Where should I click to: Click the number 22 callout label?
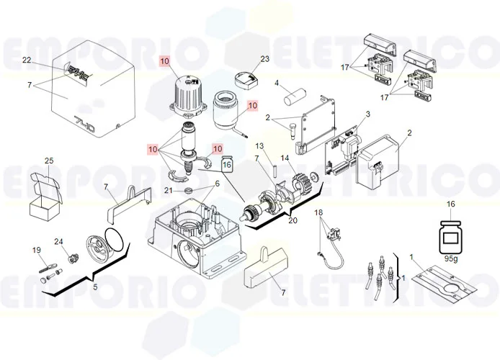coord(27,60)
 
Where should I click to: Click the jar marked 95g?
coord(452,235)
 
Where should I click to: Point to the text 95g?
coord(452,258)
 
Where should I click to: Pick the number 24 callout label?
coord(59,241)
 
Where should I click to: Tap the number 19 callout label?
coord(36,250)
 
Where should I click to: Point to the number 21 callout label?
coord(168,190)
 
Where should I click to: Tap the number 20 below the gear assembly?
coord(293,220)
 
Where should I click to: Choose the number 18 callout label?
coord(318,213)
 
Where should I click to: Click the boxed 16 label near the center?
coord(227,165)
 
